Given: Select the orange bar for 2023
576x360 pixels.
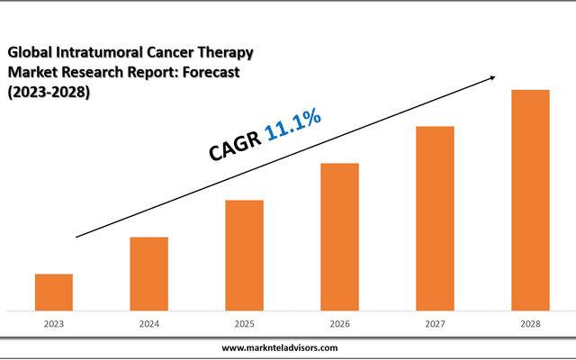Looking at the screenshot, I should [x=54, y=292].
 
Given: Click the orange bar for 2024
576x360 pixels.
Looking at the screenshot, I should [x=148, y=273].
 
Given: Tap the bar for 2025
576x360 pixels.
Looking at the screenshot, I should [x=244, y=255].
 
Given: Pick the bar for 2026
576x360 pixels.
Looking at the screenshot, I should [x=339, y=236].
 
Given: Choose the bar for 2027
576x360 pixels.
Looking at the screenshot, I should [x=435, y=218].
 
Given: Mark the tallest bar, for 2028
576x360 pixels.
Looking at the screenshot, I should [x=530, y=200].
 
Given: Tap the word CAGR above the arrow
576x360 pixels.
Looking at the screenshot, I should [x=235, y=146].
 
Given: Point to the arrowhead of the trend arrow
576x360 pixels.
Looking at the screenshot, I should [x=492, y=79].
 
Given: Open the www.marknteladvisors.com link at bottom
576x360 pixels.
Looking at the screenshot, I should [x=280, y=346].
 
